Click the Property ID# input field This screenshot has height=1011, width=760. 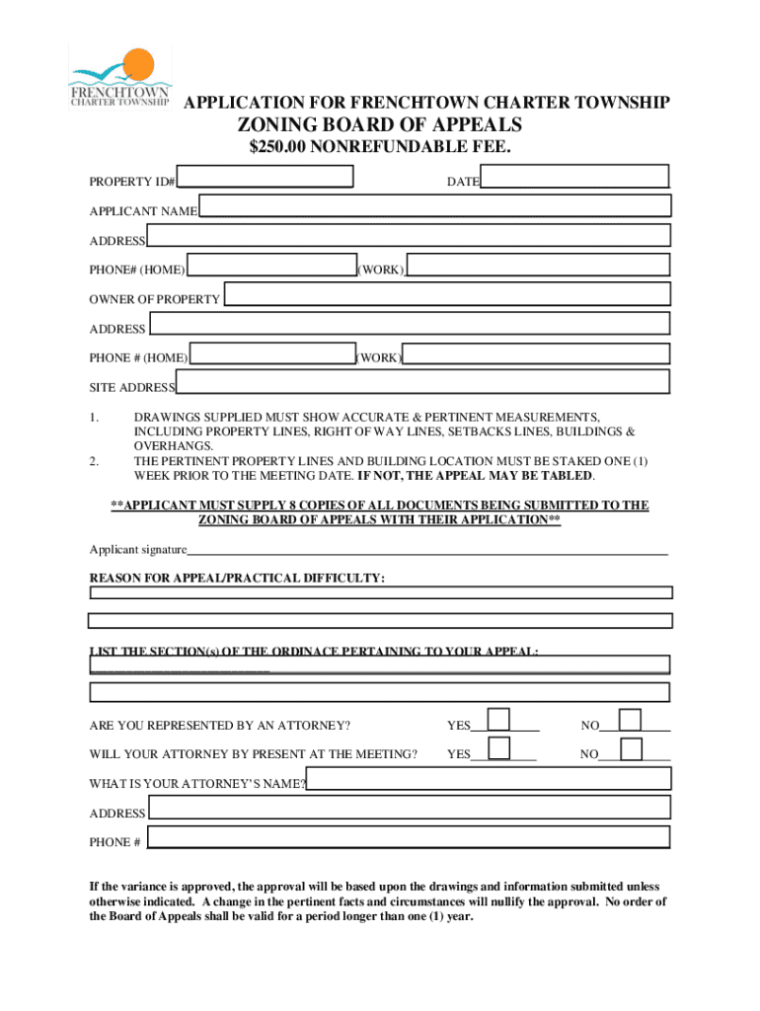point(266,177)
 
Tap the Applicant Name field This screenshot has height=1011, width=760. point(434,205)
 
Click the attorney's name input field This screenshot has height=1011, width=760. point(489,779)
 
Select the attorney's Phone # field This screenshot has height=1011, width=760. point(408,837)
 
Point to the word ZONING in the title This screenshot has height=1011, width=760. point(287,125)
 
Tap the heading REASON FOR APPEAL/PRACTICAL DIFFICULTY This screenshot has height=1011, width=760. point(237,578)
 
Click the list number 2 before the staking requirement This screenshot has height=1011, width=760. point(94,461)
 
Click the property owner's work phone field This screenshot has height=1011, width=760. point(536,353)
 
